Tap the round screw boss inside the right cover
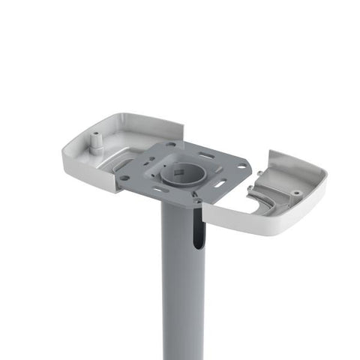point(296,193)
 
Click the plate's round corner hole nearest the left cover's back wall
point(171,144)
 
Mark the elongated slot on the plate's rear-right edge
point(207,154)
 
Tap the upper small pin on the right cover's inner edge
point(259,174)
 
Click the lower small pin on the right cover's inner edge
point(250,188)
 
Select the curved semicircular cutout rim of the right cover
point(262,201)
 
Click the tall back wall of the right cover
point(296,166)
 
